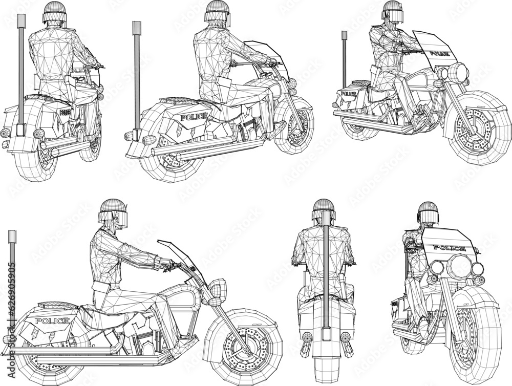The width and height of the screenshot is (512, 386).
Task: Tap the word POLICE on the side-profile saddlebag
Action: [x=52, y=321]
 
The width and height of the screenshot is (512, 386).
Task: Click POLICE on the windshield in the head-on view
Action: [x=449, y=248]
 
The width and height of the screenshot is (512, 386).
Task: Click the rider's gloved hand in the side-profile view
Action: [x=166, y=264]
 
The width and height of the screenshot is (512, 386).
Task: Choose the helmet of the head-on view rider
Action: [x=428, y=212]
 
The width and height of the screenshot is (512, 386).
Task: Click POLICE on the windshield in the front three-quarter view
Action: [x=439, y=53]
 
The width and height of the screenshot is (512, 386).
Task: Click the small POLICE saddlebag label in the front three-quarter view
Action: [x=348, y=94]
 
